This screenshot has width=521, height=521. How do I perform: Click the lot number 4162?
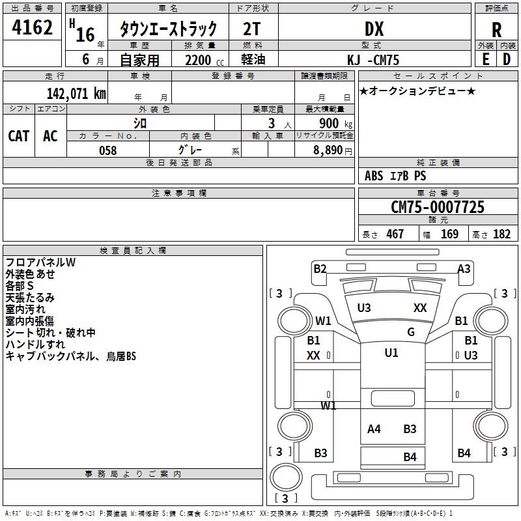(x=33, y=29)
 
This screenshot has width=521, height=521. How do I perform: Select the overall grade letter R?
(x=496, y=30)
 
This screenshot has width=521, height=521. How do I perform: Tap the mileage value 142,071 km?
(x=76, y=93)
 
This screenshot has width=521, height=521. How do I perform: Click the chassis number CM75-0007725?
(x=437, y=207)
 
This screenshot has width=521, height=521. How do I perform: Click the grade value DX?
(x=374, y=29)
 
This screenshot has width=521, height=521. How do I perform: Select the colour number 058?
(x=107, y=150)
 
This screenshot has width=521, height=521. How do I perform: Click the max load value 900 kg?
(x=336, y=123)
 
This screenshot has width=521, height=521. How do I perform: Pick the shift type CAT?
(x=18, y=136)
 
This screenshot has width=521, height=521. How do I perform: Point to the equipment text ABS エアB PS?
(x=395, y=176)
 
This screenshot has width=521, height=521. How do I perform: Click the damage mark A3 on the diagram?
(x=464, y=268)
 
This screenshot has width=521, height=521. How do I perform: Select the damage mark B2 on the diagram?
(x=320, y=268)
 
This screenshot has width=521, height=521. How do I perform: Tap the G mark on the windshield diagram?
(x=411, y=332)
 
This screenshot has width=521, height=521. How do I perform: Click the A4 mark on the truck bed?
(x=374, y=429)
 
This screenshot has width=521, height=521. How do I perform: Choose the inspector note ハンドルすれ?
(x=35, y=345)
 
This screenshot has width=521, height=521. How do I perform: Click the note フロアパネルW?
(x=40, y=262)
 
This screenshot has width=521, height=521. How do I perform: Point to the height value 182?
(x=501, y=234)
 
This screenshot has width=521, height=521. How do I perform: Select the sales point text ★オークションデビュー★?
(x=417, y=91)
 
